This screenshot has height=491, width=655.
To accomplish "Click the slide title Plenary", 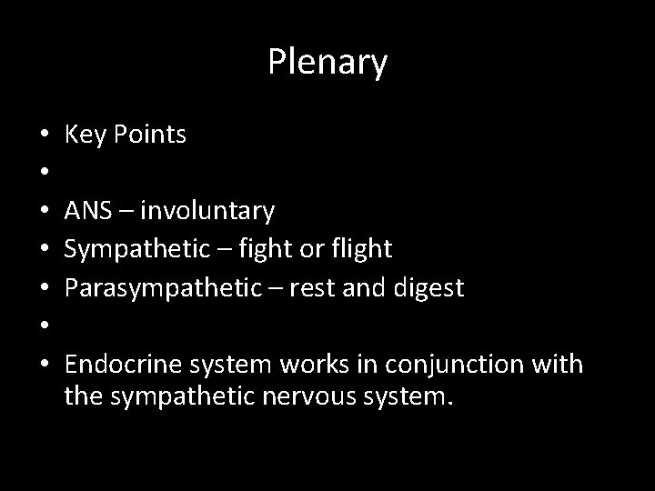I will [x=327, y=63].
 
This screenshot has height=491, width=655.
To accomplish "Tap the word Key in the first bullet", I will [x=84, y=135].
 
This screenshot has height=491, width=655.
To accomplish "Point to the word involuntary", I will [x=208, y=212].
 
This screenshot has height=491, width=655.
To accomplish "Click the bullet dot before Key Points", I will [x=45, y=136].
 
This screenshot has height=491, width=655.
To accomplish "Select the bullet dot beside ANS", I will [x=45, y=213].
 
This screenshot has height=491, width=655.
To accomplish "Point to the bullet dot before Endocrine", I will [x=45, y=366].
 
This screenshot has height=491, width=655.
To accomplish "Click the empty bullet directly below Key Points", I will [x=45, y=175].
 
